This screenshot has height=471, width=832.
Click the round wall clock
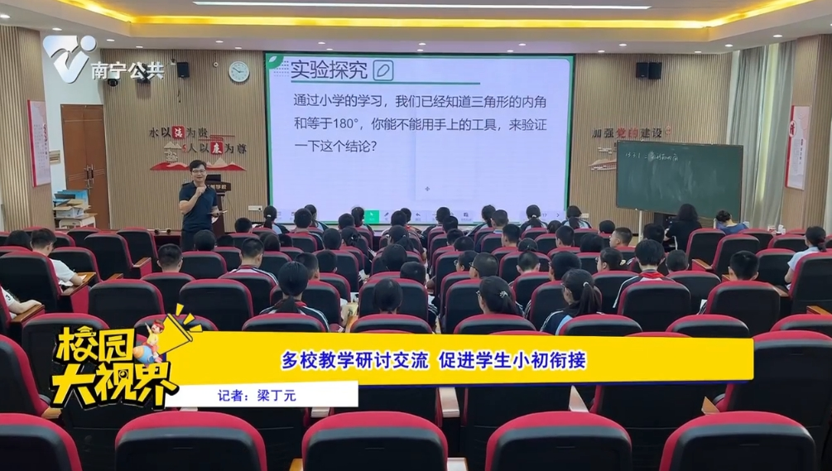pyautogui.click(x=238, y=72)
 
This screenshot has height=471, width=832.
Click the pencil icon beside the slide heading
pyautogui.click(x=382, y=70)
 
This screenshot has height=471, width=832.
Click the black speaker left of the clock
pyautogui.click(x=182, y=70)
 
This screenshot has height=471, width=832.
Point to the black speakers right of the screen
pyautogui.click(x=647, y=70)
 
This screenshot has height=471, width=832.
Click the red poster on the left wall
pyautogui.click(x=39, y=142)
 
